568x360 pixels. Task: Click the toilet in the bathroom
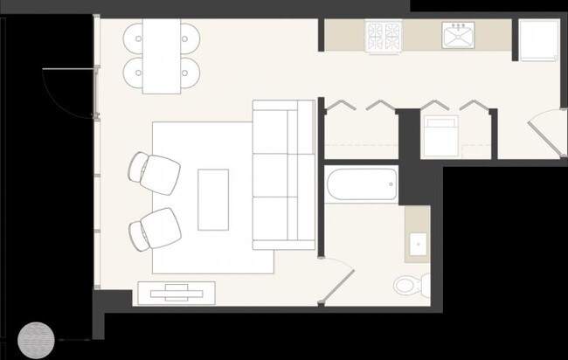pyautogui.click(x=410, y=284)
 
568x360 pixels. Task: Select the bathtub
pyautogui.click(x=362, y=185)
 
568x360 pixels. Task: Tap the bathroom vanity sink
pyautogui.click(x=418, y=242)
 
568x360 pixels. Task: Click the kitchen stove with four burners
pyautogui.click(x=384, y=37)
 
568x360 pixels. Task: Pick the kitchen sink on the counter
pyautogui.click(x=458, y=37)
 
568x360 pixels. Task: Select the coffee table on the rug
pyautogui.click(x=214, y=200)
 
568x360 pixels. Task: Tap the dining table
pyautogui.click(x=163, y=55)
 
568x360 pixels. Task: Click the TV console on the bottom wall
pyautogui.click(x=175, y=293)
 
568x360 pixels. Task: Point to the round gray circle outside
pyautogui.click(x=38, y=339)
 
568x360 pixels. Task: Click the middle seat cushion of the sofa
pyautogui.click(x=285, y=175)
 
